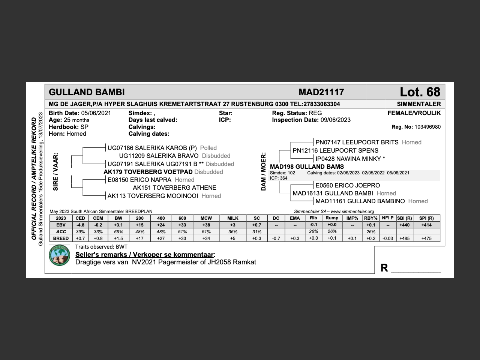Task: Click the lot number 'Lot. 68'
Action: (420, 92)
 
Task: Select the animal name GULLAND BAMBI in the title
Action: (87, 92)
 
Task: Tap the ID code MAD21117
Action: (321, 92)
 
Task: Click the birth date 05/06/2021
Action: (96, 113)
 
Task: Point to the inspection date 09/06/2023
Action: (335, 120)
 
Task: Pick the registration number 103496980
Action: (427, 127)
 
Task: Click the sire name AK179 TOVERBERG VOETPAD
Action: (148, 172)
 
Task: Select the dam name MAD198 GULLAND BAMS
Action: (307, 167)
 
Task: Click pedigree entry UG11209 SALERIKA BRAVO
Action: (159, 156)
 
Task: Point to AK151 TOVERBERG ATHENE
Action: (174, 188)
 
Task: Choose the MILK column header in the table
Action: (232, 218)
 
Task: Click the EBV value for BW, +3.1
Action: (118, 225)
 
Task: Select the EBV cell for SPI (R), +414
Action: (426, 225)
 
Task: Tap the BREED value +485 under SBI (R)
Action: (404, 238)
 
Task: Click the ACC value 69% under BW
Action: (118, 232)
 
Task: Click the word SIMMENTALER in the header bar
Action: (418, 104)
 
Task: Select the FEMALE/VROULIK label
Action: (414, 113)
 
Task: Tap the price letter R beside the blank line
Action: (384, 268)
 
